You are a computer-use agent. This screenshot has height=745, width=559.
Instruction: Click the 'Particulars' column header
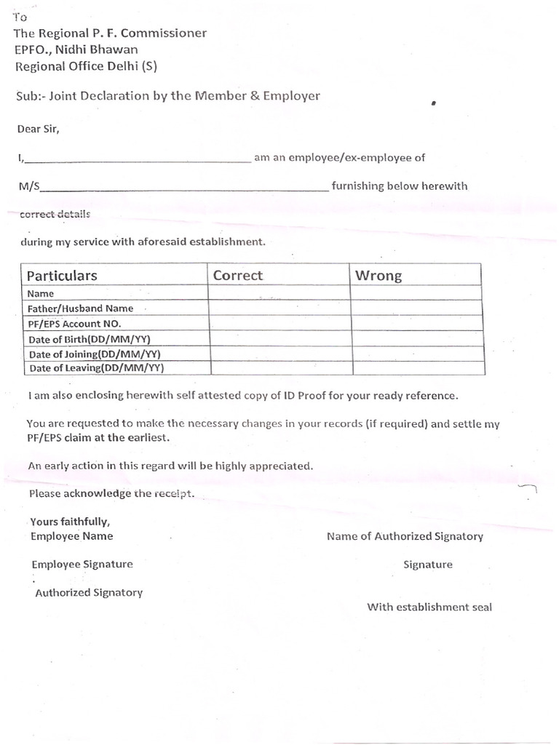[x=62, y=276]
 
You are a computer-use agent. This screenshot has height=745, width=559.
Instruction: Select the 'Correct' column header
[x=238, y=275]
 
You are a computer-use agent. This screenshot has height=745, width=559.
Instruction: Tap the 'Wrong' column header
[x=378, y=275]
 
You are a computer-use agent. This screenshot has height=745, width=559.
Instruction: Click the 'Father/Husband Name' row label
[x=80, y=308]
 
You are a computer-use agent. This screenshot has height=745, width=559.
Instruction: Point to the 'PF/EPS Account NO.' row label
[x=74, y=324]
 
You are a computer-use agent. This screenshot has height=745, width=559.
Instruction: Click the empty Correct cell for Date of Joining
[x=279, y=354]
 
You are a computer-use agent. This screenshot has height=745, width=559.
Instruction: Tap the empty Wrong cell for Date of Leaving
[x=417, y=367]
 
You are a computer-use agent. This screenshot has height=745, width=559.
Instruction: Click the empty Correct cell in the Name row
[x=279, y=293]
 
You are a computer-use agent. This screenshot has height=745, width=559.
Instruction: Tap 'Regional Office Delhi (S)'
[x=85, y=66]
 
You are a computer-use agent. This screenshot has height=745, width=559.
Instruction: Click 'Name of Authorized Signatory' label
[x=405, y=536]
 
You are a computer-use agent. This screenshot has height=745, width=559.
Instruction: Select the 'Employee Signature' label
[x=82, y=564]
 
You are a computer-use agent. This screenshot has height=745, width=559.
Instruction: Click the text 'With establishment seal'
[x=429, y=607]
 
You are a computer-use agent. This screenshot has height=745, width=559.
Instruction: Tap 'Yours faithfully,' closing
[x=70, y=522]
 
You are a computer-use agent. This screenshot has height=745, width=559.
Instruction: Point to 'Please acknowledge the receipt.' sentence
[x=112, y=494]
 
